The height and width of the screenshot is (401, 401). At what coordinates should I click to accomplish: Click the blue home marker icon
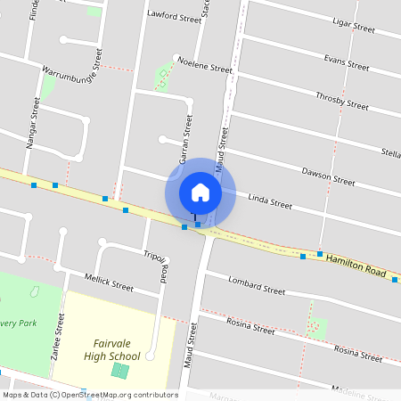tap(200, 192)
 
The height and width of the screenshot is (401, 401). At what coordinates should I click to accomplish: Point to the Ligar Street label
tap(351, 28)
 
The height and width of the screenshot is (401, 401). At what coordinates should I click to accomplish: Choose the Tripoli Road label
tap(156, 266)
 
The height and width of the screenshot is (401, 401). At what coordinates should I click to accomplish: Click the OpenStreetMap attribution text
tap(90, 395)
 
